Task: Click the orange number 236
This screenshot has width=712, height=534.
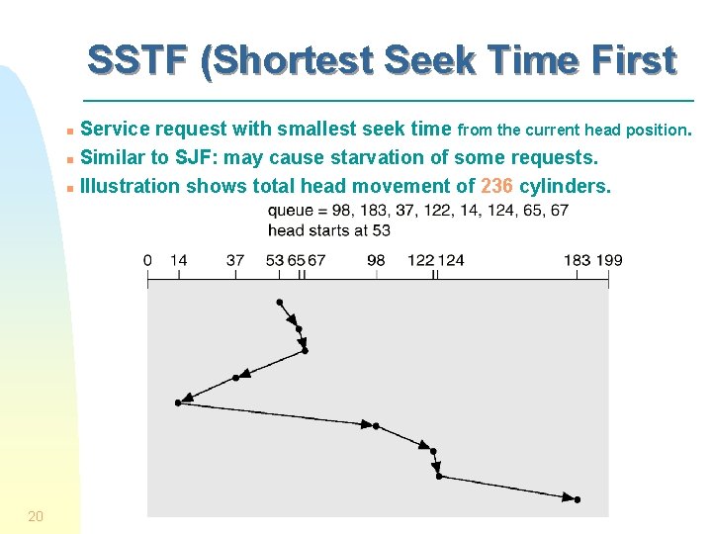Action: point(496,186)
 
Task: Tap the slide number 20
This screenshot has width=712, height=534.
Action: point(35,515)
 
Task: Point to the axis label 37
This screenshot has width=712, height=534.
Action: point(235,260)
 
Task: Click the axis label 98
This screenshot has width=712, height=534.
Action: point(376,260)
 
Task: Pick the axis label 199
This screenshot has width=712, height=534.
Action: point(610,260)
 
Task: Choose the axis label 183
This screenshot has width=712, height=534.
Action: point(578,260)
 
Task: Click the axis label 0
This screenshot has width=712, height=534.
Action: point(147,260)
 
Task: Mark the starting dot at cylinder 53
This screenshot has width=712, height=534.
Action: point(280,302)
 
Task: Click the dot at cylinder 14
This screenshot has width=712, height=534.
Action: point(178,402)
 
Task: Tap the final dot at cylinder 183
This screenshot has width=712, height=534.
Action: point(578,499)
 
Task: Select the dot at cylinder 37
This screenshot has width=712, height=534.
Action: point(235,377)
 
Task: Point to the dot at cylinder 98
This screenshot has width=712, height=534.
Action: point(376,426)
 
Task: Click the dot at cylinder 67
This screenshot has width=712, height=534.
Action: point(305,350)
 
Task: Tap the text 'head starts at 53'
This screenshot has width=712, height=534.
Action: point(329,230)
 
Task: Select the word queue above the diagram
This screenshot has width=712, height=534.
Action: point(292,211)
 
